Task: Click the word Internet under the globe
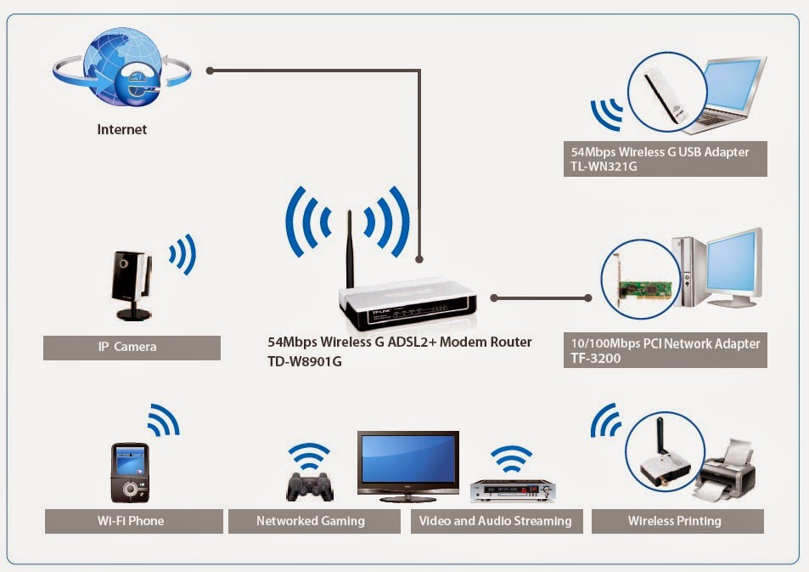pos(121,130)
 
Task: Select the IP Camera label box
pos(132,347)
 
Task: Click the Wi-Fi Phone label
pos(130,520)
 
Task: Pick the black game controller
pos(309,484)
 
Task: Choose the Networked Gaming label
pos(310,521)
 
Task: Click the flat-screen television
pos(407,462)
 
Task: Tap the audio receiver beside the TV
pos(513,490)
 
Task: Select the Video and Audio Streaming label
pos(496,521)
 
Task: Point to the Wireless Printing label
pos(675,521)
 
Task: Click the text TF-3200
pos(597,359)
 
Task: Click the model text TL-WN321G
pos(604,167)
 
